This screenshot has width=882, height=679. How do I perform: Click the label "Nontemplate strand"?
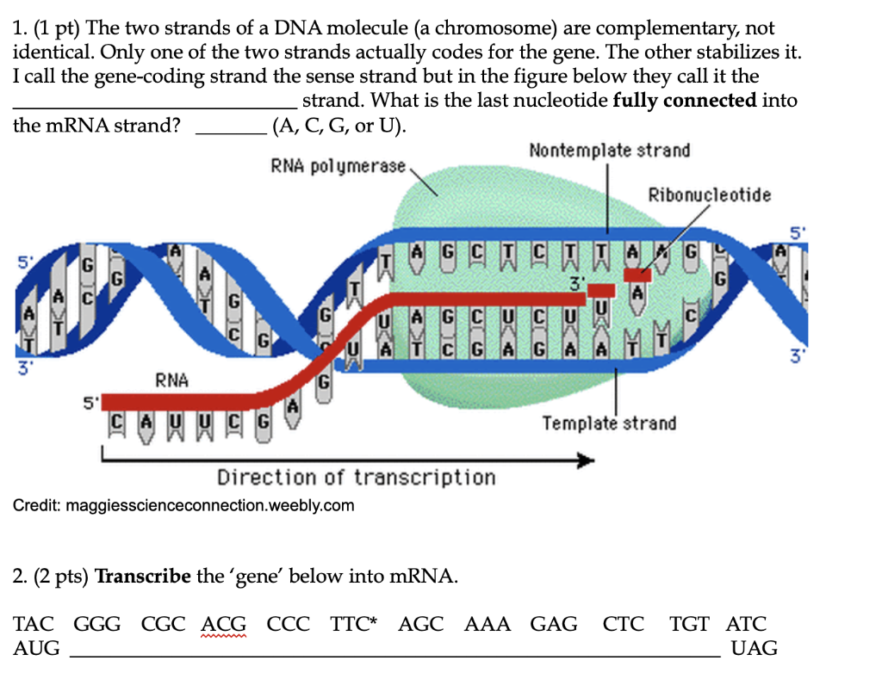[609, 151]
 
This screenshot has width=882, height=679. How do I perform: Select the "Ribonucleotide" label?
[710, 194]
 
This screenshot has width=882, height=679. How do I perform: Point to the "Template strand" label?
[609, 423]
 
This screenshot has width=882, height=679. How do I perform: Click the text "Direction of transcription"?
[356, 478]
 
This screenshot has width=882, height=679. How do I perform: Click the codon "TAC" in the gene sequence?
[34, 624]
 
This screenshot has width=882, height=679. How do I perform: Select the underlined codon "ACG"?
[224, 624]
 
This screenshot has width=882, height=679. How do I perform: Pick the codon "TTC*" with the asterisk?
[354, 624]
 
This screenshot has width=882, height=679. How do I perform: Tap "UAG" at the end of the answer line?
[754, 648]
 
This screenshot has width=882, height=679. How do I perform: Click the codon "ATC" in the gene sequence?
[746, 624]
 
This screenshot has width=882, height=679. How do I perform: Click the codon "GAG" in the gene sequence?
[554, 624]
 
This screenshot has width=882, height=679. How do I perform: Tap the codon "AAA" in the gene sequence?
[488, 624]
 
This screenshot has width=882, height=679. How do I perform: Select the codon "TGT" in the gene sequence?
[691, 624]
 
